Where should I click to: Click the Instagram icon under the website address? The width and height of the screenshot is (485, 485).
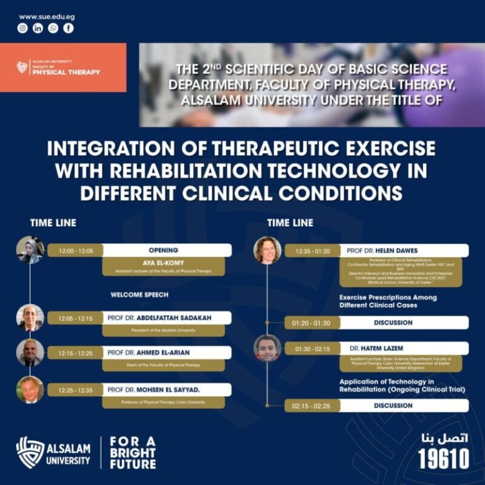pyautogui.click(x=22, y=28)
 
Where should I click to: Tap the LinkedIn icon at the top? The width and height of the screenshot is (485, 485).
pyautogui.click(x=38, y=28)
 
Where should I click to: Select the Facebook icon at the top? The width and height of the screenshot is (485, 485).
pyautogui.click(x=69, y=28)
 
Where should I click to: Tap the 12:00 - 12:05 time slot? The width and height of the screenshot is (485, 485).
pyautogui.click(x=76, y=250)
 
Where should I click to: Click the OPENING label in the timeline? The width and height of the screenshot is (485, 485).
pyautogui.click(x=164, y=250)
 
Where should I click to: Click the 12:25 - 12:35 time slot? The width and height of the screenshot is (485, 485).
pyautogui.click(x=76, y=390)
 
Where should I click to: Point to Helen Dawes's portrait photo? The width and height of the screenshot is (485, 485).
pyautogui.click(x=267, y=250)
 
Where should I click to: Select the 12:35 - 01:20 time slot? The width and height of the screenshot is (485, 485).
pyautogui.click(x=313, y=250)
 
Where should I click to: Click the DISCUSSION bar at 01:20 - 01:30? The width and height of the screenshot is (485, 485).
pyautogui.click(x=393, y=323)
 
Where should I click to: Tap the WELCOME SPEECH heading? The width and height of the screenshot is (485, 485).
pyautogui.click(x=139, y=295)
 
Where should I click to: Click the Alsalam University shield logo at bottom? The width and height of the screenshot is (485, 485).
pyautogui.click(x=30, y=452)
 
